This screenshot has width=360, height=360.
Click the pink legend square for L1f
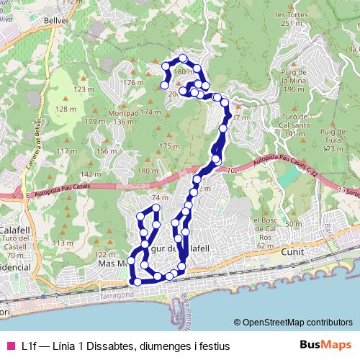10,346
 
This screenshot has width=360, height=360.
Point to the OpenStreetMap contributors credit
294,322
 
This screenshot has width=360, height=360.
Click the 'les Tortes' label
292,14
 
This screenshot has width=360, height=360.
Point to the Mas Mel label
112,264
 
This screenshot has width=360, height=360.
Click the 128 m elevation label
66,109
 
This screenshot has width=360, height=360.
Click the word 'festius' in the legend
214,346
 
